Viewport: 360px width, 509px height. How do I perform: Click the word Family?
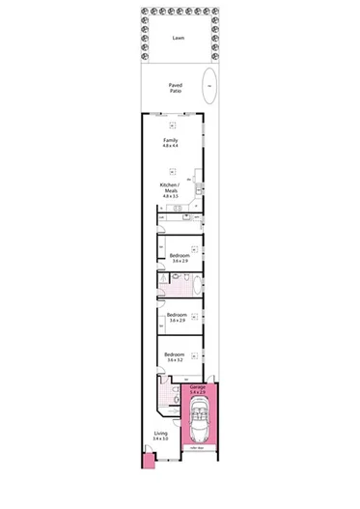(170, 140)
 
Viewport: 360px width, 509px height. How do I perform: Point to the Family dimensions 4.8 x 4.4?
(170, 146)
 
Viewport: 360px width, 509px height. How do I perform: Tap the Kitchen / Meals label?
(170, 186)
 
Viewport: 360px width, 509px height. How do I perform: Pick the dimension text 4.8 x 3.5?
(170, 196)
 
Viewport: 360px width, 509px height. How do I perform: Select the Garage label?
(198, 386)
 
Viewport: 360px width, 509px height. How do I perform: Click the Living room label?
(160, 434)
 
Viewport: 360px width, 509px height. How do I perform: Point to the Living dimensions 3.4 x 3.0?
(160, 439)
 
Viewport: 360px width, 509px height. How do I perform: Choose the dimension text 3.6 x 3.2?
(175, 359)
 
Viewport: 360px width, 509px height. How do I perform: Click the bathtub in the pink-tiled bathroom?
(197, 286)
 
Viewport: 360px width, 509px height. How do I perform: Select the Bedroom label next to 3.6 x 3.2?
(175, 353)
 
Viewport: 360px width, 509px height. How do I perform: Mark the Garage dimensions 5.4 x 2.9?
(198, 392)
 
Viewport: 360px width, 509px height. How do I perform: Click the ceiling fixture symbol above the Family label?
(172, 126)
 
